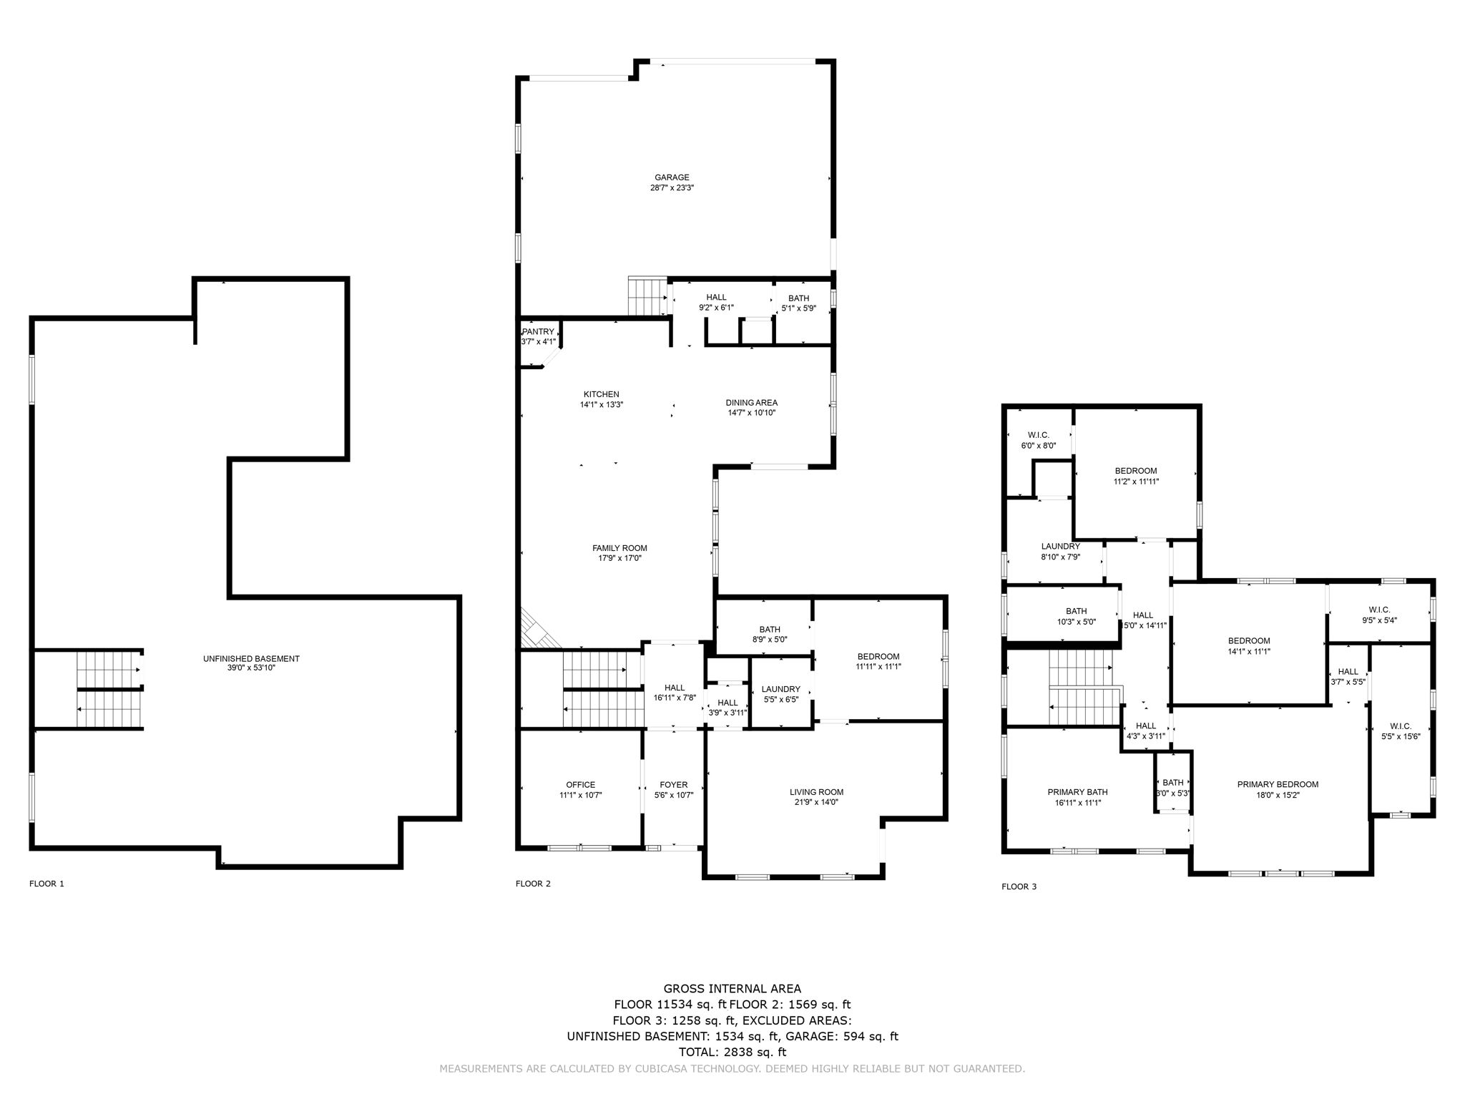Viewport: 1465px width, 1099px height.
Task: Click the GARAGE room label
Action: click(672, 177)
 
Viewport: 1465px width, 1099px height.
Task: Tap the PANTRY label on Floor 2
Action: click(538, 332)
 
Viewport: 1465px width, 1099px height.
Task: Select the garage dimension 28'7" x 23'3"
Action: click(672, 188)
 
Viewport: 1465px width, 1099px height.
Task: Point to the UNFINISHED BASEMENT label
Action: click(251, 658)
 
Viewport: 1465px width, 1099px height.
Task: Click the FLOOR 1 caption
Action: click(46, 884)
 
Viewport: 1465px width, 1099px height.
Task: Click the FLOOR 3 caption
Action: click(1019, 886)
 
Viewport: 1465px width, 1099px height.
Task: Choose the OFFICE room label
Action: click(580, 785)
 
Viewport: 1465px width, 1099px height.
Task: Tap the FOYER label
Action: click(673, 785)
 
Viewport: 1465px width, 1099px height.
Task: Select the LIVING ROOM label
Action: click(816, 792)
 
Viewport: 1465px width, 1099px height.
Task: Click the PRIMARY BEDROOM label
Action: click(1278, 784)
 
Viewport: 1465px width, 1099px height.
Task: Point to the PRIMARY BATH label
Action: click(1077, 792)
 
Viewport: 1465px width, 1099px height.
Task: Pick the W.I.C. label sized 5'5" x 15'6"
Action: click(1401, 726)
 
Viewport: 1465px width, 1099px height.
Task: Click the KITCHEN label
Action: click(601, 394)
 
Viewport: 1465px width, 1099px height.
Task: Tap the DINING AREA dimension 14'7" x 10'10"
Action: click(751, 413)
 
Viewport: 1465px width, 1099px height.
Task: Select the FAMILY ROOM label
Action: click(619, 548)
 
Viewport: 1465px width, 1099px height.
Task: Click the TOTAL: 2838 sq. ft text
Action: click(732, 1052)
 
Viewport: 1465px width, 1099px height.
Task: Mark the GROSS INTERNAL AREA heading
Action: click(732, 990)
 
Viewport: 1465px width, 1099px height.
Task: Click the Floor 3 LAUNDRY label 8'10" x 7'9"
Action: click(1060, 546)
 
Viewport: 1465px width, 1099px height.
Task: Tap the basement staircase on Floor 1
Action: click(109, 689)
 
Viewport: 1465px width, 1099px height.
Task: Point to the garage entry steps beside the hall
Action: click(647, 296)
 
